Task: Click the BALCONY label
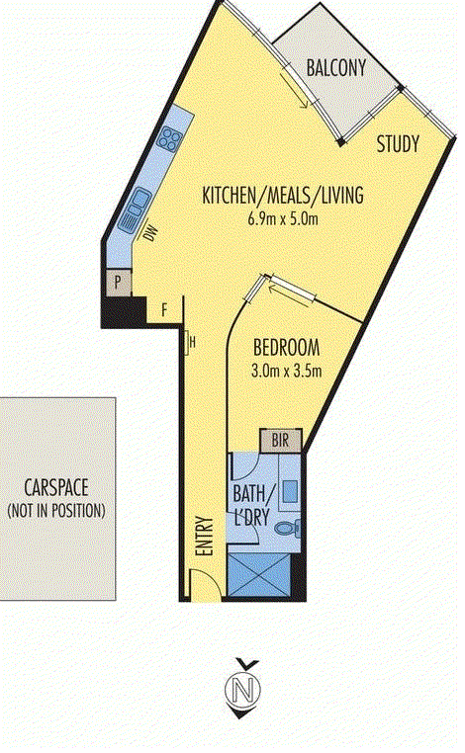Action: [336, 68]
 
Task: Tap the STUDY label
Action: [399, 144]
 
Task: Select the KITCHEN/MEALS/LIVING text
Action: [283, 196]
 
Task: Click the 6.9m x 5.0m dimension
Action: [283, 218]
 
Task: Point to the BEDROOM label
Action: [286, 348]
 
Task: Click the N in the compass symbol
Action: [242, 687]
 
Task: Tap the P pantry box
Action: [119, 283]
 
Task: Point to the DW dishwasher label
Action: [151, 235]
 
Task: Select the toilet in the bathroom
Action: [288, 529]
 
